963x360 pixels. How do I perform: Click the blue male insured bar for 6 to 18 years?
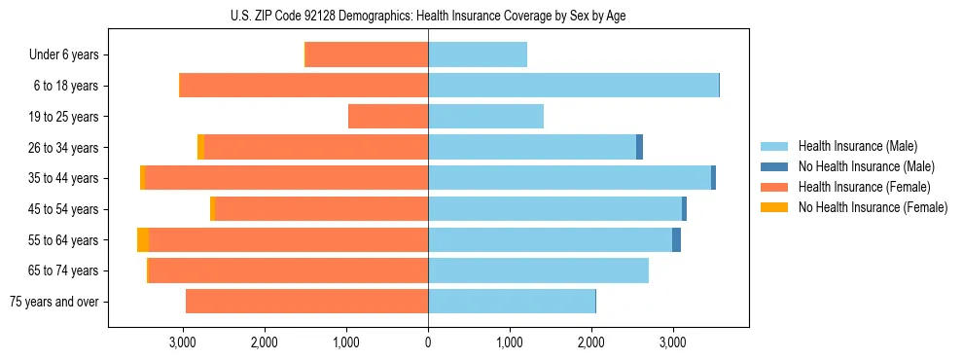pyautogui.click(x=573, y=86)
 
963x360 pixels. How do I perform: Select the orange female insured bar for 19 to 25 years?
pyautogui.click(x=388, y=117)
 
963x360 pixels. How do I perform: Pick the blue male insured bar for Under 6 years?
pyautogui.click(x=478, y=55)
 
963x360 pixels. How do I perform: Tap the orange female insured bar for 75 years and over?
pyautogui.click(x=306, y=302)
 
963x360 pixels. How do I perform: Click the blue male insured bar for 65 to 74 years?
pyautogui.click(x=538, y=270)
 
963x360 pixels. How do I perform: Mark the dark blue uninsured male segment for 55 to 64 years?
pyautogui.click(x=676, y=240)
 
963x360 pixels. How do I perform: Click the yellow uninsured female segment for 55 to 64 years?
pyautogui.click(x=143, y=240)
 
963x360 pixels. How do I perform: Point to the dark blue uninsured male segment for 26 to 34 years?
pyautogui.click(x=639, y=147)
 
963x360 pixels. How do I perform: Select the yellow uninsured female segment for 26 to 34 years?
pyautogui.click(x=200, y=147)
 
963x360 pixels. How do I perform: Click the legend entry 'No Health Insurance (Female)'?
pyautogui.click(x=872, y=207)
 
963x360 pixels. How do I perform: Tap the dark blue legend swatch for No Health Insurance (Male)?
pyautogui.click(x=774, y=166)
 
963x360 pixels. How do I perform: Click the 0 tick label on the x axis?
pyautogui.click(x=428, y=342)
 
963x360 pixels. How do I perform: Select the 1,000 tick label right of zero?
pyautogui.click(x=509, y=342)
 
